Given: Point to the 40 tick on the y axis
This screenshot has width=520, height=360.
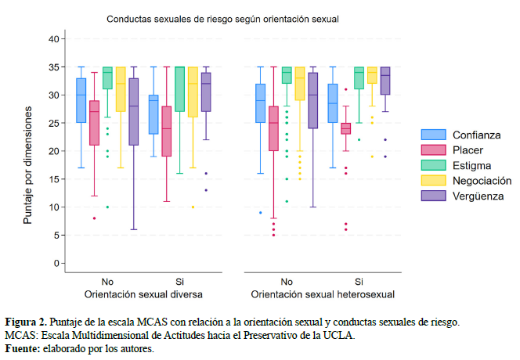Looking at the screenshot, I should (x=53, y=38).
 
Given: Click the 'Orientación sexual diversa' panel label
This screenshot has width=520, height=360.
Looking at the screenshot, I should (x=143, y=294).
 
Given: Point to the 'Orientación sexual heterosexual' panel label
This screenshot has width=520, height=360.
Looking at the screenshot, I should (x=322, y=294).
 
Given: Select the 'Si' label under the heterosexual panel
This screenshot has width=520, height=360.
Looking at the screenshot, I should (x=359, y=281).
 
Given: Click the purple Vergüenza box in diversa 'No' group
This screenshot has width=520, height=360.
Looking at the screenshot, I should (x=133, y=111).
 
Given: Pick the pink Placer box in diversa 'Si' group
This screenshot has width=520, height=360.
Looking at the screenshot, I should (x=167, y=131).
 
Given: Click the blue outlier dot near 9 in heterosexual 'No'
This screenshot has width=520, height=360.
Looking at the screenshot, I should (x=260, y=212).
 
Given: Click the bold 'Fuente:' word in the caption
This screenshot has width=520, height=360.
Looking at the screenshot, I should (x=22, y=348).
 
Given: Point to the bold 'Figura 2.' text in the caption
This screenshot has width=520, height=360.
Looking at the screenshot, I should (x=26, y=322).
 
